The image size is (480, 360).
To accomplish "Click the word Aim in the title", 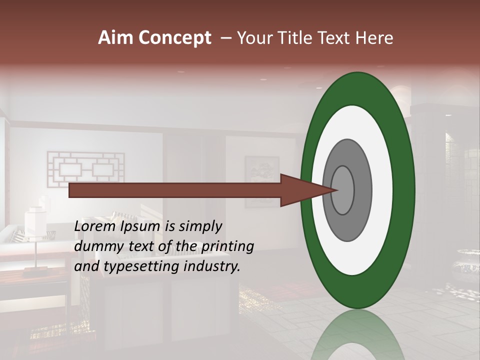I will (116, 38).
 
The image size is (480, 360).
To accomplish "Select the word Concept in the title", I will (175, 38).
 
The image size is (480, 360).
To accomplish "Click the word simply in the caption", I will (199, 226).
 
